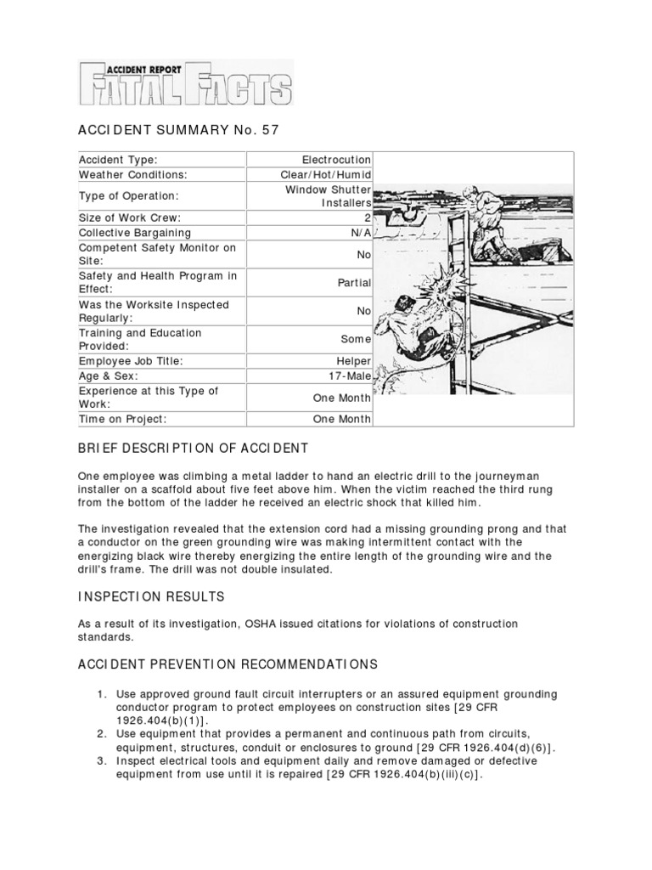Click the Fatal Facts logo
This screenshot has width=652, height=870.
click(185, 82)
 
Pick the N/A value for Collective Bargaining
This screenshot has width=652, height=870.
click(360, 232)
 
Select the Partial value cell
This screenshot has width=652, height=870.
click(354, 283)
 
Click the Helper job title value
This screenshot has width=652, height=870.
click(352, 361)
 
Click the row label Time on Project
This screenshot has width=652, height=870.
click(124, 419)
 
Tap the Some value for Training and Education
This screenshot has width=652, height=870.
click(356, 339)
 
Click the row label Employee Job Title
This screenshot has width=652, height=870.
click(131, 361)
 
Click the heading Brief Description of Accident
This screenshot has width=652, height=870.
click(194, 448)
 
